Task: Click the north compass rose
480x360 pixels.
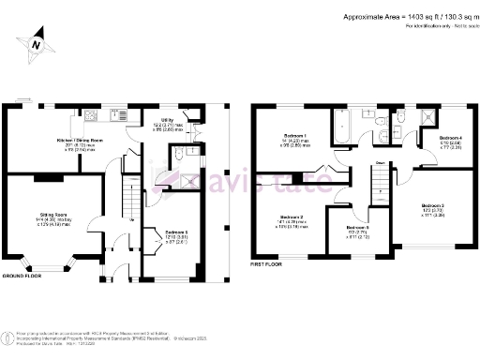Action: tap(35, 43)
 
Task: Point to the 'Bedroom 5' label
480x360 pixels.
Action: tap(358, 228)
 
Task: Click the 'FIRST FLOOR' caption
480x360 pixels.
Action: tap(267, 265)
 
